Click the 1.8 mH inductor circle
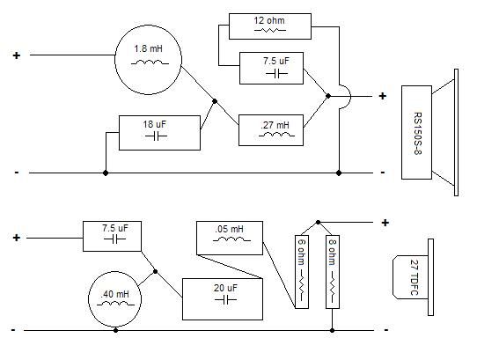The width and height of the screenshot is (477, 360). [x=115, y=60]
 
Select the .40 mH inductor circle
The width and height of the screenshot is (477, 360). [x=89, y=299]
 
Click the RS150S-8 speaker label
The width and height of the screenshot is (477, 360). [x=418, y=133]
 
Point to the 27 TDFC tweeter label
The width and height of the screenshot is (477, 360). [x=414, y=277]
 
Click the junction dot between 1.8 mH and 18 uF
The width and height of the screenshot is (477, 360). [x=215, y=101]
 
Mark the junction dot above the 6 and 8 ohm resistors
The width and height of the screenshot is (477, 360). [x=319, y=223]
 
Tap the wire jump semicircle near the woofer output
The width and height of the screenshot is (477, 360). [x=351, y=96]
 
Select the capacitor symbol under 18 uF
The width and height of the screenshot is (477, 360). [x=156, y=136]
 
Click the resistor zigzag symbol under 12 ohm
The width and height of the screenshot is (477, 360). [x=270, y=30]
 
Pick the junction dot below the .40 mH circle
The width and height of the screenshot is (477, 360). [x=115, y=330]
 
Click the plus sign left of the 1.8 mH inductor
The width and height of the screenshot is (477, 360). [x=17, y=55]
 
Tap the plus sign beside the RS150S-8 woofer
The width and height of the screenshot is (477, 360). [x=382, y=96]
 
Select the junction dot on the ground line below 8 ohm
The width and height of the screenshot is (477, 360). [x=333, y=330]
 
